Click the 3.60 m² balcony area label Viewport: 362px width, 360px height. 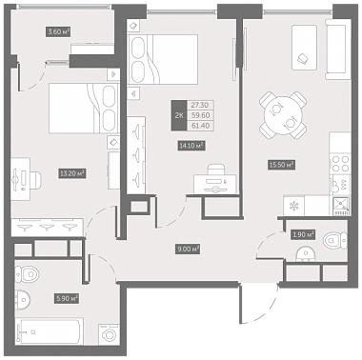[x=58, y=31]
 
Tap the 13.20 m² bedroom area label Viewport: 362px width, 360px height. [x=72, y=173]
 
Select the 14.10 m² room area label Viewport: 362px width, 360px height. [x=191, y=146]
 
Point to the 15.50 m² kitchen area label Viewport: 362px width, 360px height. [x=281, y=165]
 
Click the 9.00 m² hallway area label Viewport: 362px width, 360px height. [x=188, y=250]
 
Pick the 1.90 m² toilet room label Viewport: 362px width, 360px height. [x=302, y=234]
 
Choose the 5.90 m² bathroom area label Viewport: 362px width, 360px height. [x=67, y=298]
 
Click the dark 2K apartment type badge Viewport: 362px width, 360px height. [x=179, y=115]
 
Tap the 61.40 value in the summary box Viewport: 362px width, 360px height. [x=200, y=126]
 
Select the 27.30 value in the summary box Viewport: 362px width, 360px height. [x=200, y=105]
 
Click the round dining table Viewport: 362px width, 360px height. [x=283, y=115]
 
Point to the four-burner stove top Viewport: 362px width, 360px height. [x=340, y=163]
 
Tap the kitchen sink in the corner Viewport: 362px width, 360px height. [x=341, y=205]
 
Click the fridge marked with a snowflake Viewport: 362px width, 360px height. [x=293, y=206]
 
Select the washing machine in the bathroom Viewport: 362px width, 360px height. [x=109, y=334]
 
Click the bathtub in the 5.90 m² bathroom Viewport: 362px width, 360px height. [x=50, y=331]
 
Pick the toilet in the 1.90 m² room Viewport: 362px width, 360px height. [x=335, y=240]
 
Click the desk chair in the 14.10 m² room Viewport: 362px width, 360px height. [x=215, y=170]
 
